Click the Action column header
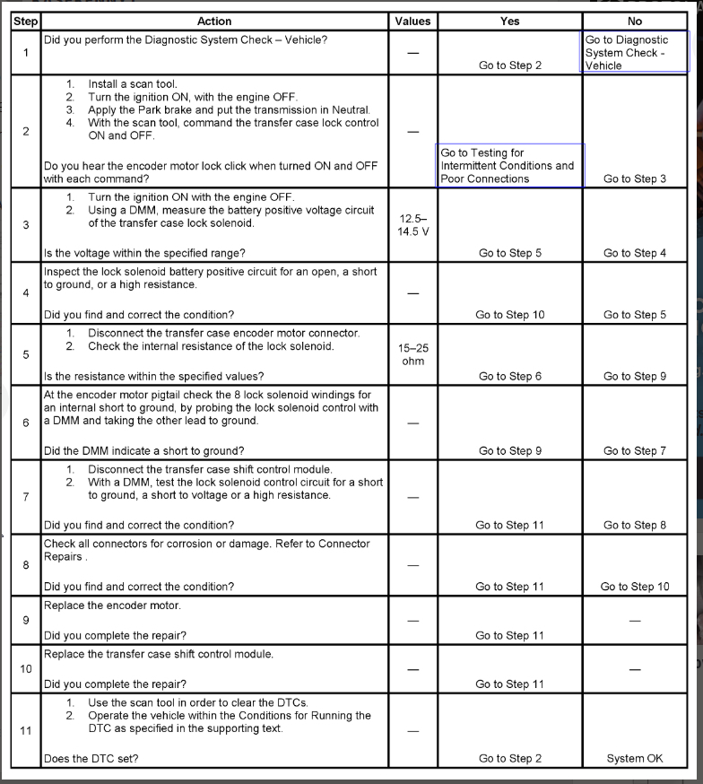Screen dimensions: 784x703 coord(213,21)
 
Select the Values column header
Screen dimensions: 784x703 coord(412,21)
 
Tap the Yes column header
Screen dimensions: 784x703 coord(509,21)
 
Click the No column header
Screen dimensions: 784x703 coord(635,21)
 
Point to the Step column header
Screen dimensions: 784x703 coord(25,21)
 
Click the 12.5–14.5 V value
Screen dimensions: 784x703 coord(412,225)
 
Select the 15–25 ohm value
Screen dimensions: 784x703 coord(412,354)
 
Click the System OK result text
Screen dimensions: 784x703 coord(635,758)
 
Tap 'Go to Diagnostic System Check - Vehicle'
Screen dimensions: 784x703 coord(627,53)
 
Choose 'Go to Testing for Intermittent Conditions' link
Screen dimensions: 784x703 coord(508,166)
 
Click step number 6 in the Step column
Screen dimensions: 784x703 coord(25,422)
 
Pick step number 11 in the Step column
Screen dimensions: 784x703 coord(25,730)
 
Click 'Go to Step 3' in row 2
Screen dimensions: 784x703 coord(635,179)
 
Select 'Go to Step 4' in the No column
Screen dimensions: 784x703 coord(635,253)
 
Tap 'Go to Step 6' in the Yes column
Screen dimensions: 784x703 coord(509,377)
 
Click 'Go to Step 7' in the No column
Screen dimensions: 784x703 coord(635,451)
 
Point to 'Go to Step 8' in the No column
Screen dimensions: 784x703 coord(635,525)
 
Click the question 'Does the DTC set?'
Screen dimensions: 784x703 coord(91,759)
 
